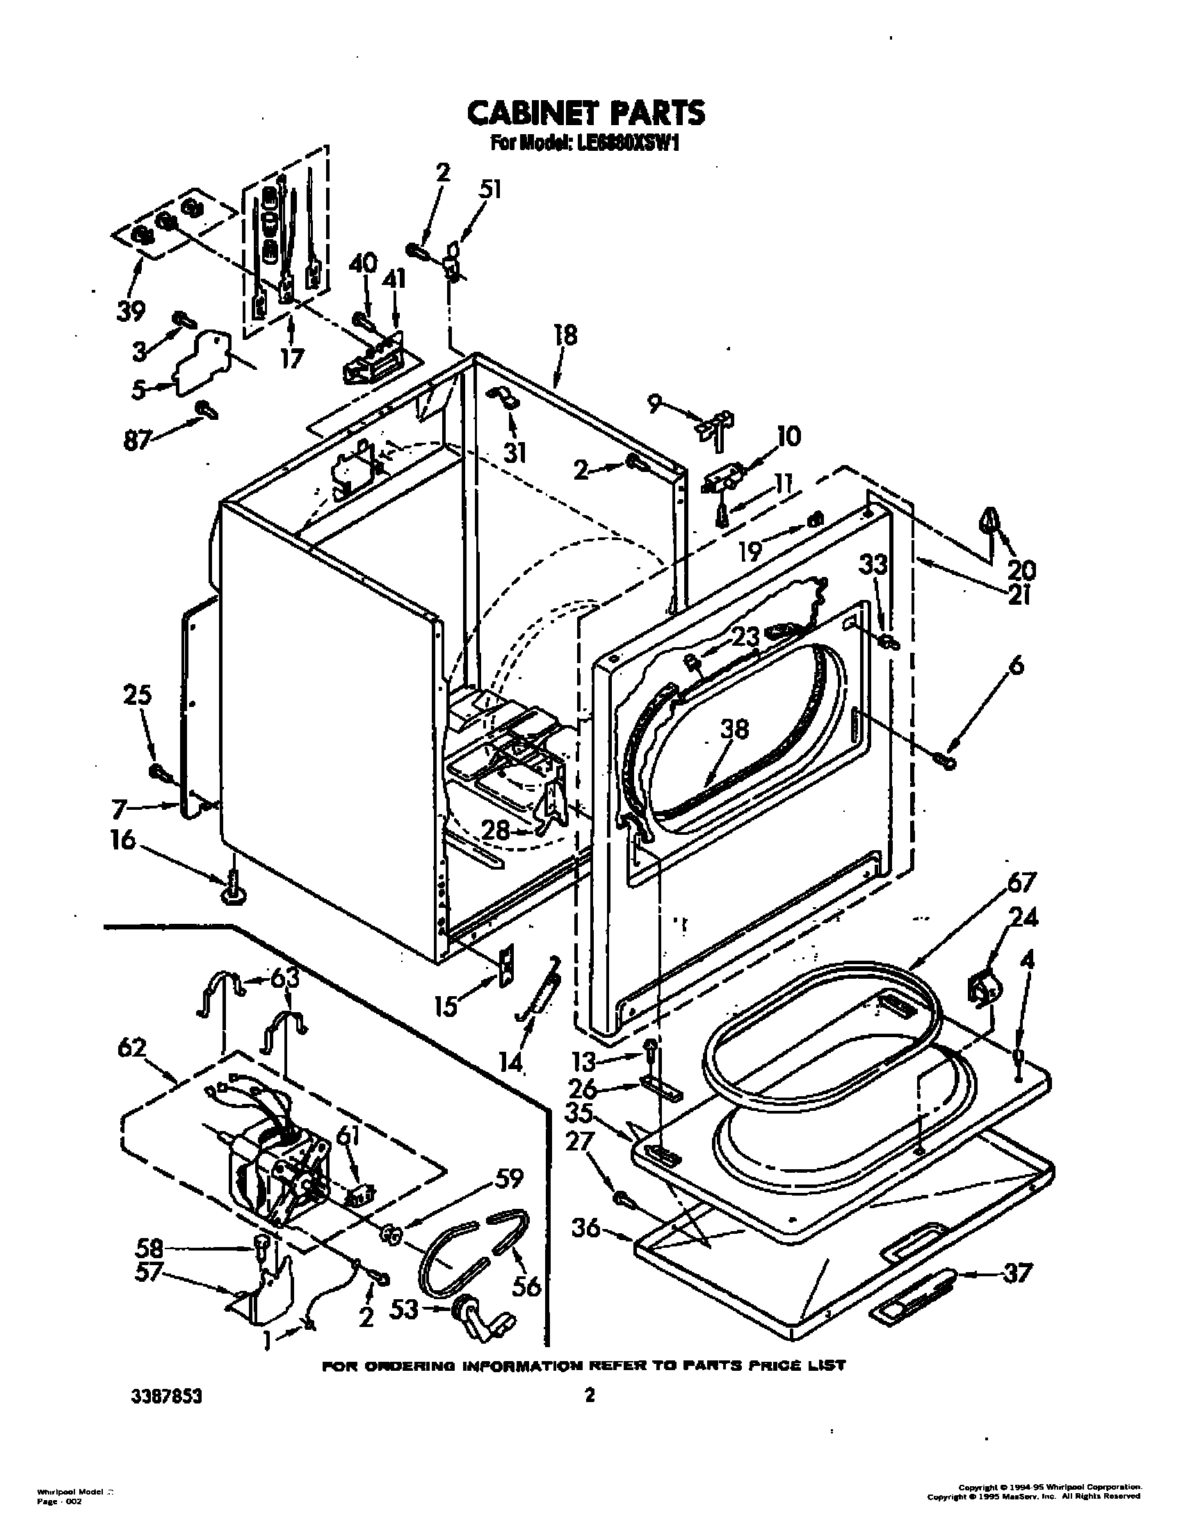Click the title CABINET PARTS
click(x=585, y=112)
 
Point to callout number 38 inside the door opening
click(x=735, y=728)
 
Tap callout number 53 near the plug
click(x=404, y=1310)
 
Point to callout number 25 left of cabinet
click(x=137, y=694)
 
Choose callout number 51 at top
click(x=489, y=190)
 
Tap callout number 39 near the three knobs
click(x=131, y=312)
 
